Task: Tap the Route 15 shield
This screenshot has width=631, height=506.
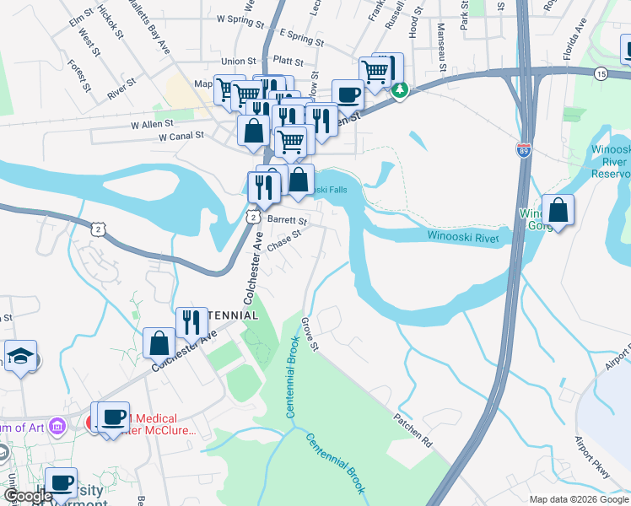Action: coord(600,73)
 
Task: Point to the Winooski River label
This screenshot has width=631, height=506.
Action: coord(462,238)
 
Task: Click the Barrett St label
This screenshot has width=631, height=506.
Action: coord(287,219)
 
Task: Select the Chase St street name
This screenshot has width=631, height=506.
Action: coord(283,240)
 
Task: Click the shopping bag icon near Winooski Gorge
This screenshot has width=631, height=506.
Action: coord(558,211)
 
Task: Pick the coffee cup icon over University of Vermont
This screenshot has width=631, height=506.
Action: coord(61,483)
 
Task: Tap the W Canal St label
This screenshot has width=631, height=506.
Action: coord(175,135)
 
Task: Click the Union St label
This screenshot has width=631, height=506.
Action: coord(239,62)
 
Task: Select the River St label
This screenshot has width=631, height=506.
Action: coord(121,87)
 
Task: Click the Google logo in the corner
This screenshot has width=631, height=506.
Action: coord(28,496)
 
